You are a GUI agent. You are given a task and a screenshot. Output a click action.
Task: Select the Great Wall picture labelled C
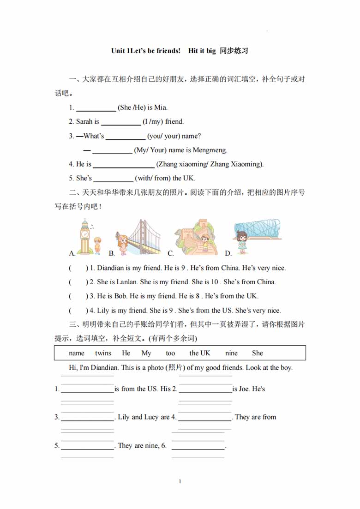(196, 238)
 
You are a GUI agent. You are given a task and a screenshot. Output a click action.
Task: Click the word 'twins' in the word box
(103, 353)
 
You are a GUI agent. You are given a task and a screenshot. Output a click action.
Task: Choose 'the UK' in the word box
(199, 353)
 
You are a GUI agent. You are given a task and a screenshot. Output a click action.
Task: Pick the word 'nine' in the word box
(231, 353)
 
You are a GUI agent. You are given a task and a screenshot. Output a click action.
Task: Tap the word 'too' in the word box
(170, 353)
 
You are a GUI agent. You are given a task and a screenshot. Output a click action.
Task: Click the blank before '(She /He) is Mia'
(96, 108)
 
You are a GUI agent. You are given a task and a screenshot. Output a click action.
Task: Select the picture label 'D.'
(228, 253)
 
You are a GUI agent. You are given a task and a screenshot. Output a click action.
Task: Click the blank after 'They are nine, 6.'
(198, 446)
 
